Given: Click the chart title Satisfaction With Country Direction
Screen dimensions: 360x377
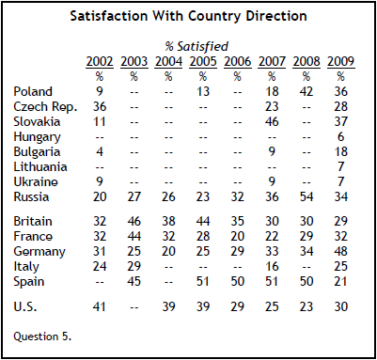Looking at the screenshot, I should pyautogui.click(x=188, y=16).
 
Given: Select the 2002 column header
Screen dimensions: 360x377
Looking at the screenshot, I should pyautogui.click(x=99, y=61).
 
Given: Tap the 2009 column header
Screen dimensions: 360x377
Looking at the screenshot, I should pyautogui.click(x=339, y=61).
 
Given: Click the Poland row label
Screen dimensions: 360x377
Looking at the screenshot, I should pyautogui.click(x=34, y=91).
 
